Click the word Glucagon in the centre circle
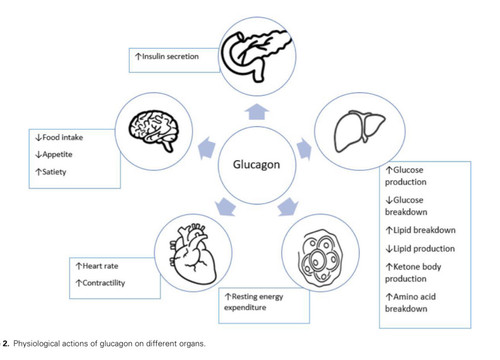coord(256,165)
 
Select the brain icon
coord(154,131)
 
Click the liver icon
coord(359,131)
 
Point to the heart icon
coord(193,254)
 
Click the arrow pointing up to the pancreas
coord(257,111)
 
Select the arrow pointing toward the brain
coord(207,147)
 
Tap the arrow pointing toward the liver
coord(304,148)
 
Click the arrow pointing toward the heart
coord(226,207)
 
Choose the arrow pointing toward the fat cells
coord(288,207)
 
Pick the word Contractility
coord(104,283)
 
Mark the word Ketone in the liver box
coord(405,267)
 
